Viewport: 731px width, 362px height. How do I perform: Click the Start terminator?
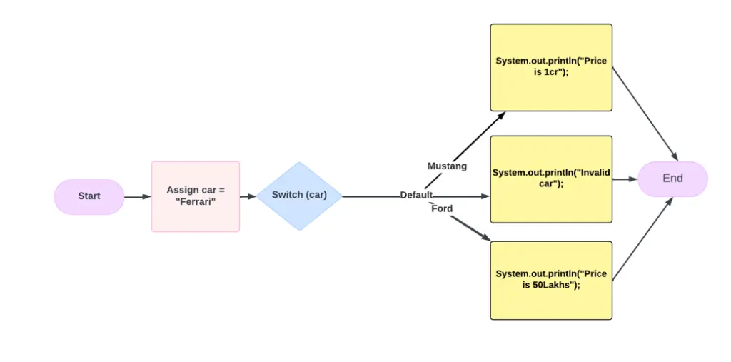tap(89, 196)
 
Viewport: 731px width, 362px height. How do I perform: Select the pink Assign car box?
tap(196, 196)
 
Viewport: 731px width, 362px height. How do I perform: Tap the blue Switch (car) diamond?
tap(299, 196)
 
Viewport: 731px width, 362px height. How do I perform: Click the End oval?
tap(672, 179)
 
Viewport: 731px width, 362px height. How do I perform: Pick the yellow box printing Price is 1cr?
tap(551, 68)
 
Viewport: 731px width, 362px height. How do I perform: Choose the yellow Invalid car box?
tap(551, 179)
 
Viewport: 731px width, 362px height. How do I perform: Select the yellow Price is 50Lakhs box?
tap(551, 281)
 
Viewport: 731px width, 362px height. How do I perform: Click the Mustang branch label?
tap(447, 166)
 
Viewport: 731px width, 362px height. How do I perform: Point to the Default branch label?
tap(416, 196)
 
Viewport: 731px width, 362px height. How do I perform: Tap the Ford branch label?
tap(442, 209)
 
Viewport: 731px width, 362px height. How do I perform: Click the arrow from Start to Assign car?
tap(138, 197)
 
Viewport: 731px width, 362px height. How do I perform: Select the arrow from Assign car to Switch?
tap(248, 197)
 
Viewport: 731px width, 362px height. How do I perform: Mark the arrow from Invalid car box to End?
tap(625, 179)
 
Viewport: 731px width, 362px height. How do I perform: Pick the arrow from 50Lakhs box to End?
tap(643, 239)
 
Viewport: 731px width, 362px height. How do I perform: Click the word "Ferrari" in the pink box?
tap(196, 203)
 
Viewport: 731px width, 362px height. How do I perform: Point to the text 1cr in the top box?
tap(551, 74)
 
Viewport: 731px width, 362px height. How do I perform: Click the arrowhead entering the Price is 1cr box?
tap(501, 114)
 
